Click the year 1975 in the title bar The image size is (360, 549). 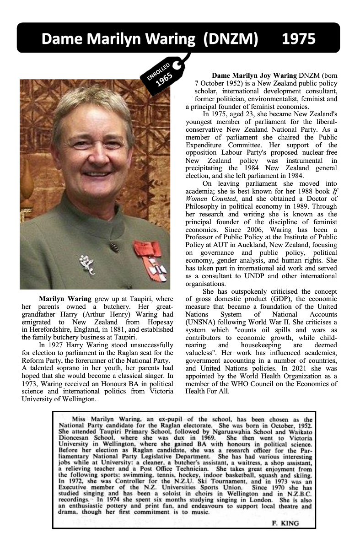[299, 39]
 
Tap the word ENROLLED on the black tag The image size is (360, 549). [158, 70]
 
